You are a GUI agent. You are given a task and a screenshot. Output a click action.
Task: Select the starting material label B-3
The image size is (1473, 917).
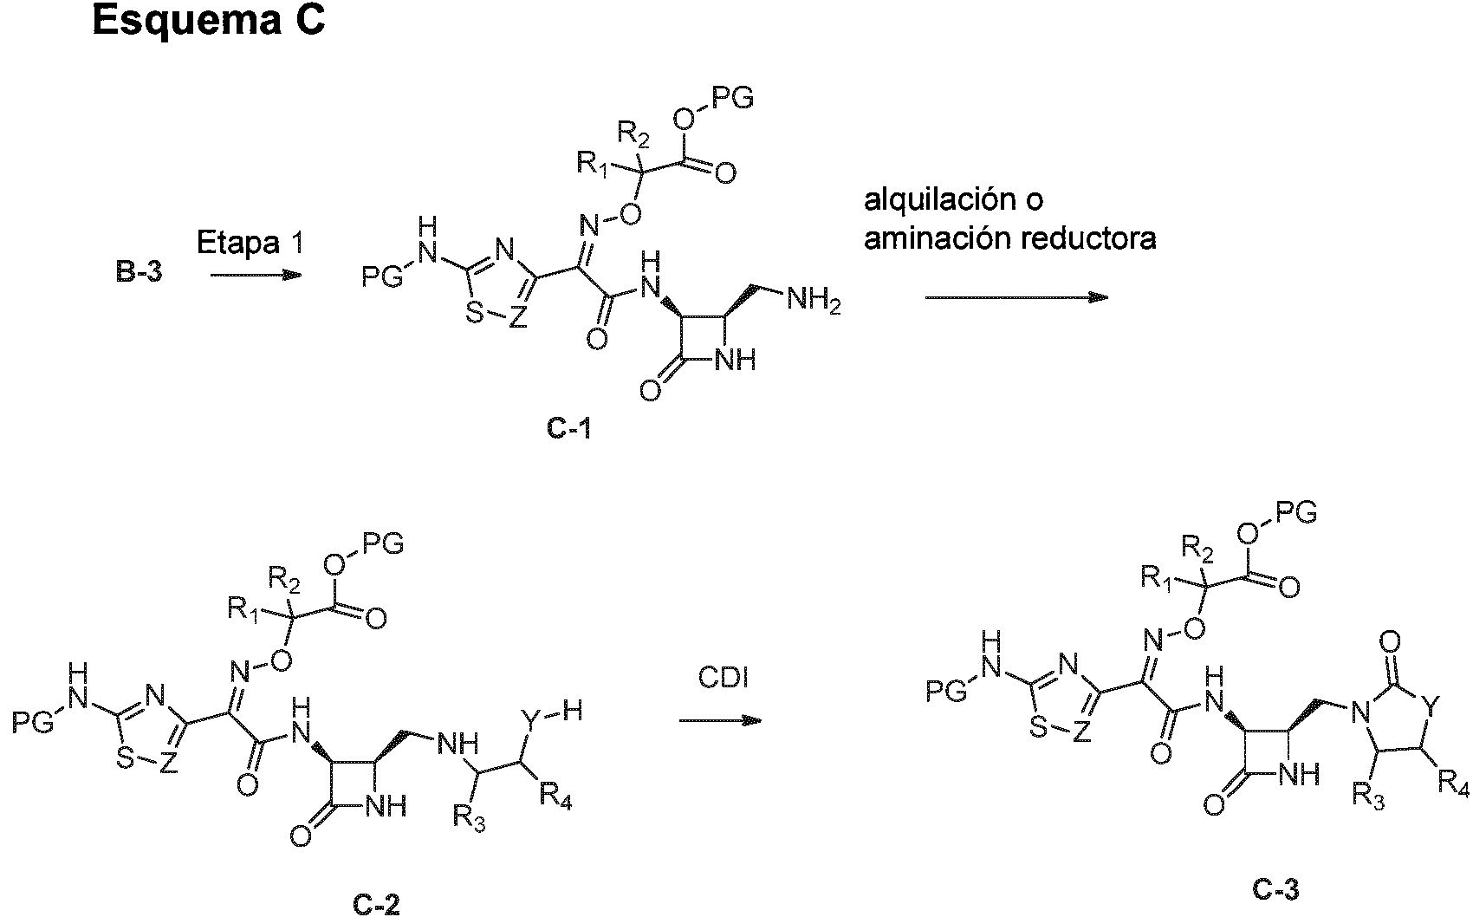140,276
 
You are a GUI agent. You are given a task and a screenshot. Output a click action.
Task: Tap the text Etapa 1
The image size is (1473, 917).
250,243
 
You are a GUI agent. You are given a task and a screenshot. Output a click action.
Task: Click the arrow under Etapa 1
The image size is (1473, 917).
255,276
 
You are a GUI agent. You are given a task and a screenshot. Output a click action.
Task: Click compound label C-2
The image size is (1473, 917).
376,904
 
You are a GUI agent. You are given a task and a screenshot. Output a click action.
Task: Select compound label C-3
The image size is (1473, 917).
1275,888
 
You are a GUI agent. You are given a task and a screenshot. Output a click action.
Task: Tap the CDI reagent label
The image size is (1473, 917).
724,679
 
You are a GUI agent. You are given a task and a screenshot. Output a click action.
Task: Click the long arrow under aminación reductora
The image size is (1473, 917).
1016,297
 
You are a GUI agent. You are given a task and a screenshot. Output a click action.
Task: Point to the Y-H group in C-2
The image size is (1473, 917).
551,713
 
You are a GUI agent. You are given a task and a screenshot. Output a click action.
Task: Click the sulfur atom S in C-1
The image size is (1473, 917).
474,315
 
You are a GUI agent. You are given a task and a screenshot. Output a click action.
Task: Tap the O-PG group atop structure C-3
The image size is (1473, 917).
1278,513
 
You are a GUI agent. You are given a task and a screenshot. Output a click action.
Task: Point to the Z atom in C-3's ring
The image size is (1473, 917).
1080,733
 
